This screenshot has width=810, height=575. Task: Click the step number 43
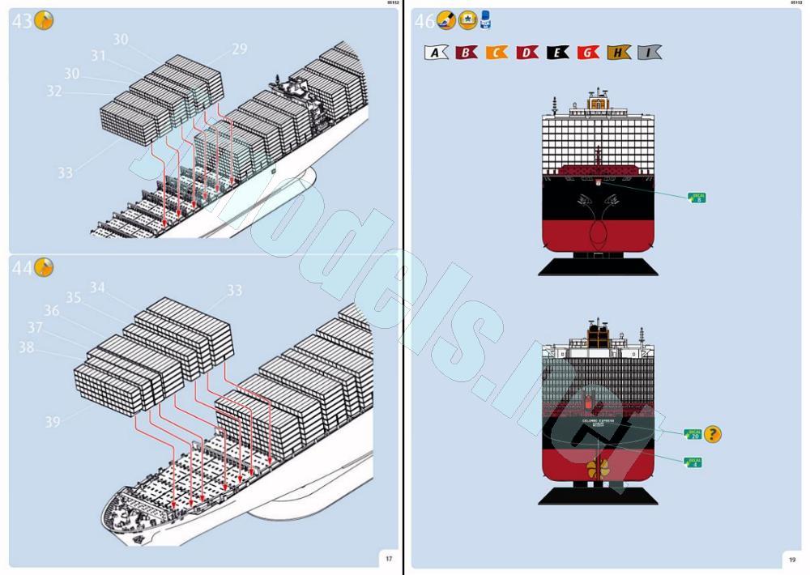point(22,22)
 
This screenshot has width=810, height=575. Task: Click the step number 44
point(22,268)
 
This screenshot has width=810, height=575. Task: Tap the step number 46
point(424,22)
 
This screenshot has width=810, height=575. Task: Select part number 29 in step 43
point(239,49)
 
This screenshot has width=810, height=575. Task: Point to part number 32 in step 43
point(54,92)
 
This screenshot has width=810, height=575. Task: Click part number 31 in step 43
point(99,56)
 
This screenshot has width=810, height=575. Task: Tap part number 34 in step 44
point(97,287)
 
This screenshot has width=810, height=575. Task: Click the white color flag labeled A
point(436,53)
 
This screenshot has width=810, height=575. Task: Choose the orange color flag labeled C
point(497,53)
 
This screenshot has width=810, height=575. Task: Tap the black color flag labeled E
point(557,53)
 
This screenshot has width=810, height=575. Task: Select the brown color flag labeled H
point(618,53)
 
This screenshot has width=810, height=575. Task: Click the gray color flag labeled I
point(649,53)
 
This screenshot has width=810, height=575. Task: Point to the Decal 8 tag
point(697,197)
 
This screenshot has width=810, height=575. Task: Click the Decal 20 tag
point(693,435)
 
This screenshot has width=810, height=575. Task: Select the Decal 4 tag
point(693,462)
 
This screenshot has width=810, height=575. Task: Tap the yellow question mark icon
point(712,435)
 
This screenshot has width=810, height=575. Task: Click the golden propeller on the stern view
point(598,467)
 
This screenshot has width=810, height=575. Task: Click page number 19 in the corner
point(792,558)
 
